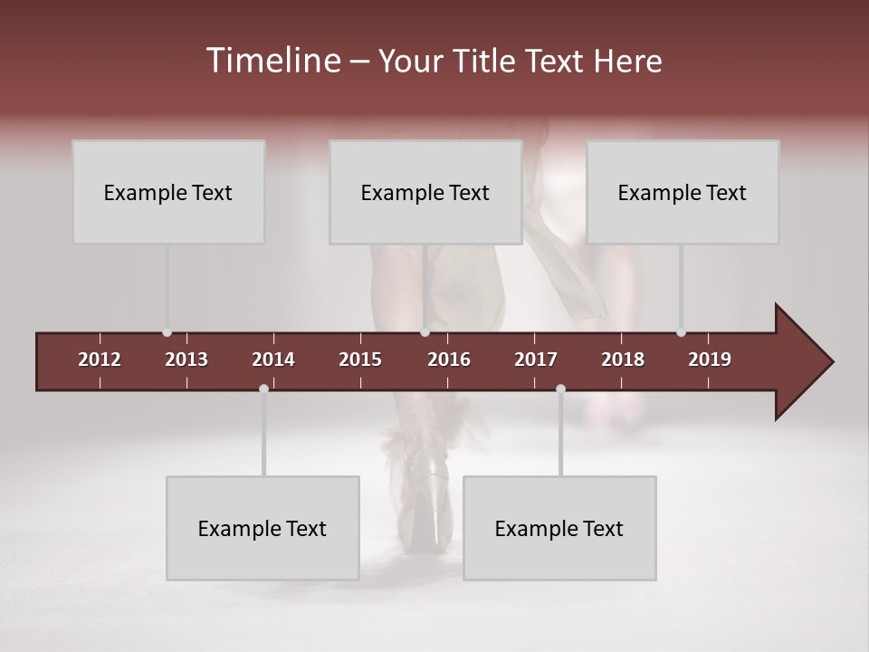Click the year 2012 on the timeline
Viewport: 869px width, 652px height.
point(100,360)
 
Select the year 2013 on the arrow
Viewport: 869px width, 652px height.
point(186,360)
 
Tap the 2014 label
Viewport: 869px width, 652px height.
point(273,360)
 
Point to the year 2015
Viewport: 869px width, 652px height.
point(360,360)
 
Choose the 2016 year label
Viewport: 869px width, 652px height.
point(449,360)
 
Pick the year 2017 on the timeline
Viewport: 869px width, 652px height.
point(536,360)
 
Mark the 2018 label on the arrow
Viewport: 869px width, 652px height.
point(623,360)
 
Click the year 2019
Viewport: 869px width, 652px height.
point(710,360)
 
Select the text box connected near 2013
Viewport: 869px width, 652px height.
point(168,192)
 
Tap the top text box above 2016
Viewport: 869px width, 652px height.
point(425,192)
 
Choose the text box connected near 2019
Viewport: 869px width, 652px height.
point(683,192)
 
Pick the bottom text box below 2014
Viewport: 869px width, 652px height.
point(263,528)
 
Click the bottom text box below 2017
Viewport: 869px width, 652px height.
point(559,528)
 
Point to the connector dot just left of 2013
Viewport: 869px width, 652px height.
point(167,332)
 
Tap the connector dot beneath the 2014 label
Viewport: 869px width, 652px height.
point(263,388)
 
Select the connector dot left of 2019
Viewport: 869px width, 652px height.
point(681,332)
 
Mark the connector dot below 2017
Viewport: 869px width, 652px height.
point(560,388)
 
